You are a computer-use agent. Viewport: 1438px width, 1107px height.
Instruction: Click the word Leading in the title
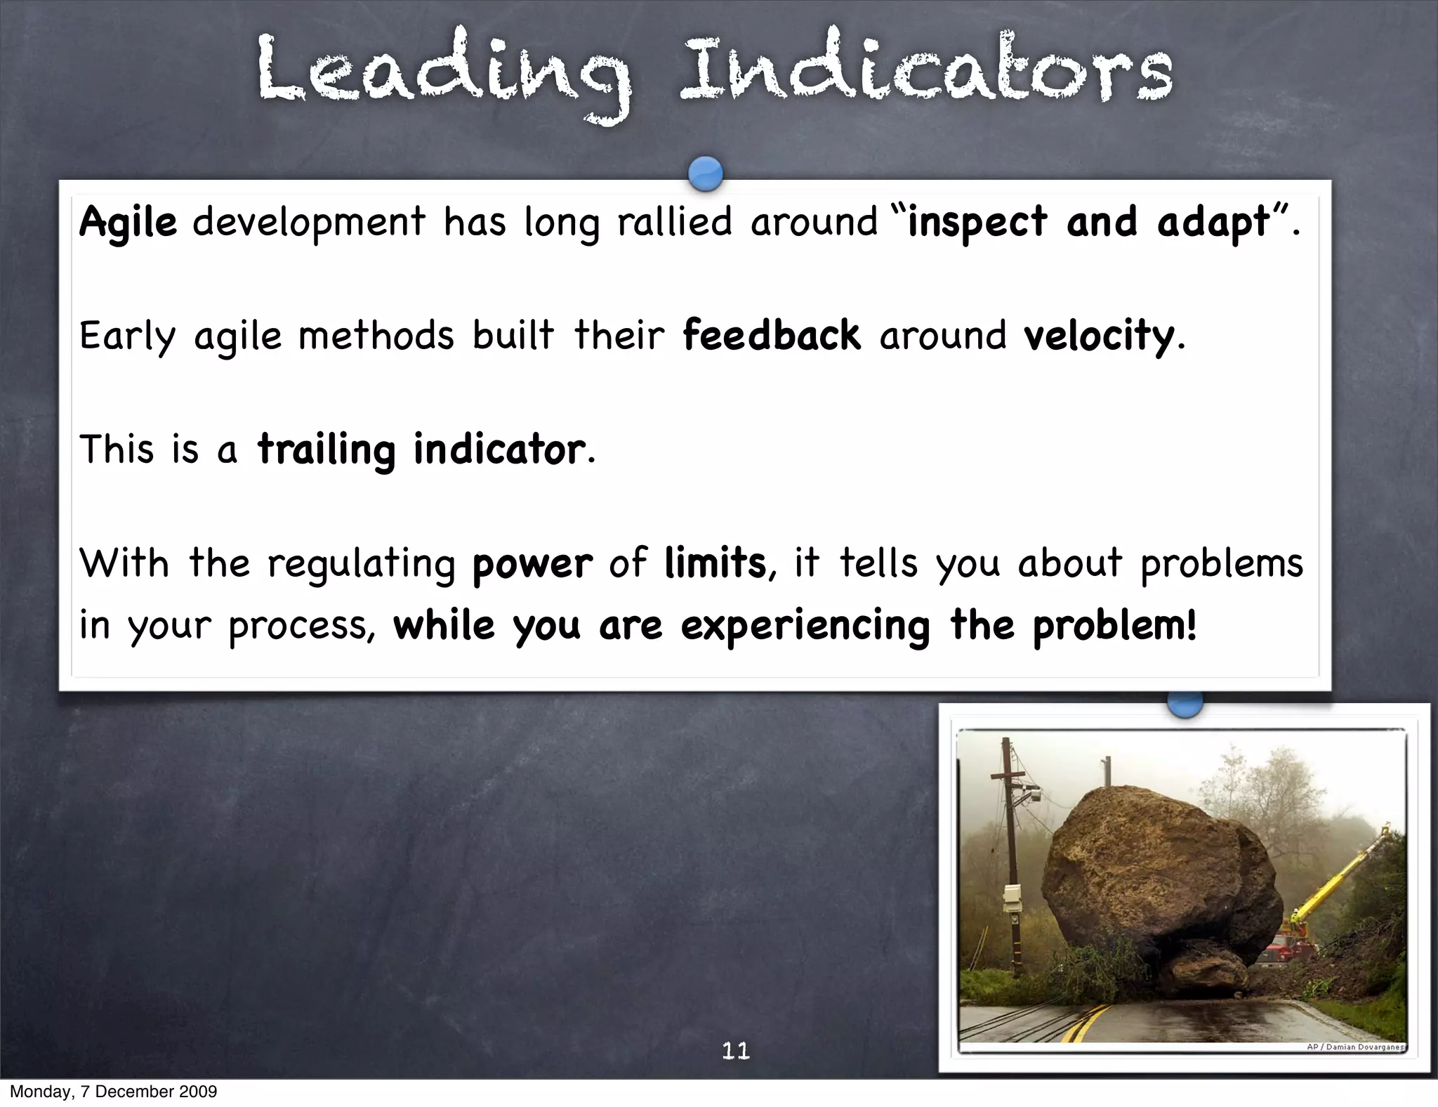tap(442, 74)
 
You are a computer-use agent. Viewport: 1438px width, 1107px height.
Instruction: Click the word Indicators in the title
tap(925, 70)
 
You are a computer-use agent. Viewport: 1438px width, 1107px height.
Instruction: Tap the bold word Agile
tap(128, 223)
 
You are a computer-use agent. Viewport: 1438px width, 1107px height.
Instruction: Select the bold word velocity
tap(1099, 336)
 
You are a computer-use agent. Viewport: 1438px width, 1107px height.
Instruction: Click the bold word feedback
tap(771, 336)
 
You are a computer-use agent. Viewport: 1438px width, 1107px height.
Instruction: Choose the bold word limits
tap(715, 563)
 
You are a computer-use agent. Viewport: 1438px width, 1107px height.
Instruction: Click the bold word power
tap(532, 565)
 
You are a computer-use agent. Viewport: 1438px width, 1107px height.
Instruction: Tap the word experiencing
tap(805, 625)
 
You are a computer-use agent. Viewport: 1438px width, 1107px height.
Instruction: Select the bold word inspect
tap(977, 223)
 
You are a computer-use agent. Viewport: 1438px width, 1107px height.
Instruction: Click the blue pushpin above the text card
tap(706, 173)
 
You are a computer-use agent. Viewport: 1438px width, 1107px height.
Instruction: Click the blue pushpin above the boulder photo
tap(1185, 705)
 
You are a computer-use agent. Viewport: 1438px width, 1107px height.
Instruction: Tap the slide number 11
tap(736, 1051)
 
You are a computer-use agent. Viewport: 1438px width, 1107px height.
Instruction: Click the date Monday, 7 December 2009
tap(113, 1092)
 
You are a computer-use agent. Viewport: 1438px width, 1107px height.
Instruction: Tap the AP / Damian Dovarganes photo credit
tap(1354, 1047)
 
